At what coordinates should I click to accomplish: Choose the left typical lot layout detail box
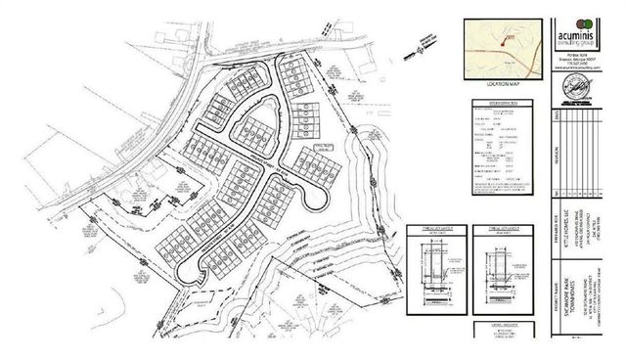(434, 266)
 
